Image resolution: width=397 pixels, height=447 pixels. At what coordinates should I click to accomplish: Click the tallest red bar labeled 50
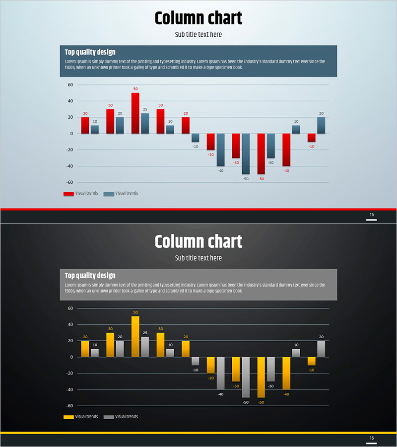(135, 113)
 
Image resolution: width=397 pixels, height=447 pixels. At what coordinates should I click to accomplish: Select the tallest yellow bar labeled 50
(135, 336)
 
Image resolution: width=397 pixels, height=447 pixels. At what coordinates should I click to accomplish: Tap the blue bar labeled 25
(145, 123)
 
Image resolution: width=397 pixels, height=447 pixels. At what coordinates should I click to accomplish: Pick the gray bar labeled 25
(145, 347)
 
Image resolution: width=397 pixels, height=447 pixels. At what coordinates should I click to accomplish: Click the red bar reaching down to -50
(261, 154)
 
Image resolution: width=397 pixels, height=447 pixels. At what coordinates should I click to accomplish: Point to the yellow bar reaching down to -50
(261, 377)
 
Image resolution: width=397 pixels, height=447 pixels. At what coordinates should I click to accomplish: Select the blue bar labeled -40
(220, 149)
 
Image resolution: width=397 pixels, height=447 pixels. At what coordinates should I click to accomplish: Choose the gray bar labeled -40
(220, 373)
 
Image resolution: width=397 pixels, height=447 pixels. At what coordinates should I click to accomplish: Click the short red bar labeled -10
(311, 138)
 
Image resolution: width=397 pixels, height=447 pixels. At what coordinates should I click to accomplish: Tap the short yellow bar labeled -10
(311, 361)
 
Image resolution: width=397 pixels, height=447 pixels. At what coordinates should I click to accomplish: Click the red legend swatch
(68, 194)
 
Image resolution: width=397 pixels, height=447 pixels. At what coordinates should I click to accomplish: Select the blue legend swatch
(108, 194)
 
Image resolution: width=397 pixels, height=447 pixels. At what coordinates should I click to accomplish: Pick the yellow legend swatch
(68, 417)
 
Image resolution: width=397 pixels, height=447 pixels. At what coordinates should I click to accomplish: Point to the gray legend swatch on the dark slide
(108, 417)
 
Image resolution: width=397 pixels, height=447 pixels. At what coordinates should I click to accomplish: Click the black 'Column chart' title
(198, 18)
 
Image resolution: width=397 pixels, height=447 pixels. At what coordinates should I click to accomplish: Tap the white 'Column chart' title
(198, 242)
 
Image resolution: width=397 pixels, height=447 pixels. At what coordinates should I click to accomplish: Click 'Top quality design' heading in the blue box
(90, 52)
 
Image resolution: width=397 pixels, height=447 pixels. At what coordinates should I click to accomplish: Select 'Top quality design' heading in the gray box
(90, 275)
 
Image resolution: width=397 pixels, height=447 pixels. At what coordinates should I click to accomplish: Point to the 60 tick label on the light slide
(70, 85)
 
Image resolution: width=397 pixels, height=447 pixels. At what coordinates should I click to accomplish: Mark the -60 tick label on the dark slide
(69, 406)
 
